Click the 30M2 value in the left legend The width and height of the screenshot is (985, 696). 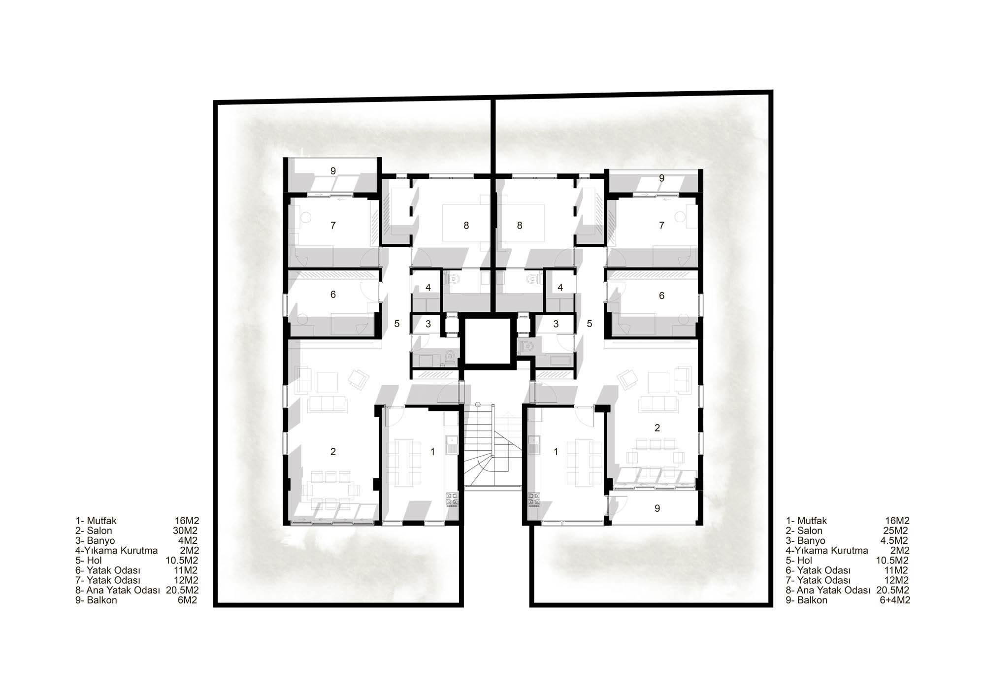click(186, 530)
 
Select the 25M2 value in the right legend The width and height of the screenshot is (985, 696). click(896, 530)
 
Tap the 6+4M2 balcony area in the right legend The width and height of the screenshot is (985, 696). click(893, 600)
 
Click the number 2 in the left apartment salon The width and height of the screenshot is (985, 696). click(333, 451)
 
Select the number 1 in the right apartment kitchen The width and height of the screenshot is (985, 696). click(556, 451)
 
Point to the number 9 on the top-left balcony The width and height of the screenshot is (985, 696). click(333, 171)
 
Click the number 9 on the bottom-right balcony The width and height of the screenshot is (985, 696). click(657, 508)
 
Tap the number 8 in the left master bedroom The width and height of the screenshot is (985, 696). click(466, 226)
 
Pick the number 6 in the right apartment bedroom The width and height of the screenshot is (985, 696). click(661, 296)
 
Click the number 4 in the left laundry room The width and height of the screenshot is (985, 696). click(428, 287)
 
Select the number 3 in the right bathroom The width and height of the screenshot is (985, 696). click(556, 324)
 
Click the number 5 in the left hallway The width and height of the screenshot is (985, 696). click(397, 324)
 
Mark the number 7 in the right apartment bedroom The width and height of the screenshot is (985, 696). click(661, 226)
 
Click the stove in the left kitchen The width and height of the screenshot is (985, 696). click(452, 500)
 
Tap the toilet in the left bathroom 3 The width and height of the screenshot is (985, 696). click(450, 356)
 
